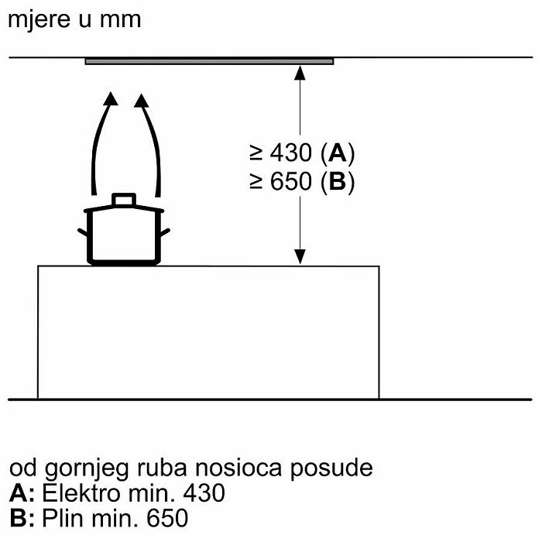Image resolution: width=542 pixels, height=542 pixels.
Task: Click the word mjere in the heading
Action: pyautogui.click(x=39, y=20)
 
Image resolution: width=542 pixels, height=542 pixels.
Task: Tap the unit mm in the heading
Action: pyautogui.click(x=120, y=20)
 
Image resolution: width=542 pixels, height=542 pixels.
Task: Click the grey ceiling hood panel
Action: pyautogui.click(x=210, y=61)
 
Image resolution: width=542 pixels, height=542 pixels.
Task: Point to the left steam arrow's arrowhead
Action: pyautogui.click(x=111, y=98)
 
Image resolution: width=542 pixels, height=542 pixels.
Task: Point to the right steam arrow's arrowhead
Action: pyautogui.click(x=141, y=100)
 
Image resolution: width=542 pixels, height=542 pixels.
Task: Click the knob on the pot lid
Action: pyautogui.click(x=124, y=200)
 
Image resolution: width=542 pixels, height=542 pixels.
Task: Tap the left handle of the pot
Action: pyautogui.click(x=82, y=232)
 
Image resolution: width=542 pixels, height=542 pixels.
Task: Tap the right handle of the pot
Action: pyautogui.click(x=165, y=232)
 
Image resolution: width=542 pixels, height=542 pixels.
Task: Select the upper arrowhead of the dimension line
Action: pyautogui.click(x=300, y=73)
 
